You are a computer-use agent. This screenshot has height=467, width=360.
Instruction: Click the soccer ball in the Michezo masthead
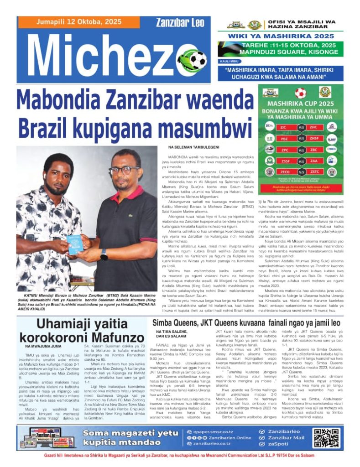(x=197, y=60)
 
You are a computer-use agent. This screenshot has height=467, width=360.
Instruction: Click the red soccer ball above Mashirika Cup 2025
(x=300, y=93)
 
